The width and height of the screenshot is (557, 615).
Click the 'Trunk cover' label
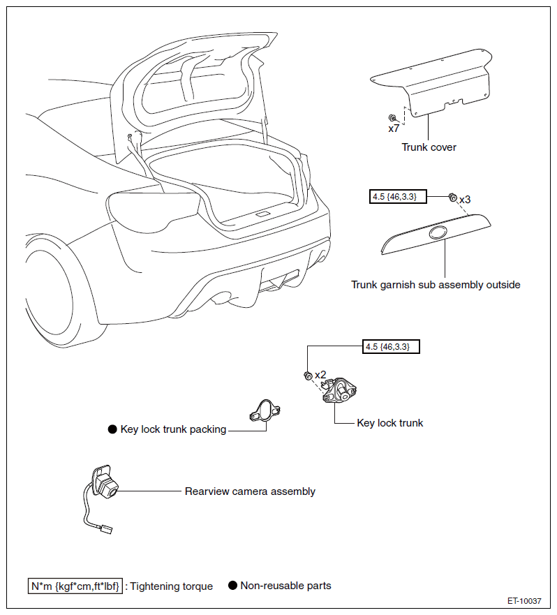coord(429,147)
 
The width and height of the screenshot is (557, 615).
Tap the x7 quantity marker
coord(394,128)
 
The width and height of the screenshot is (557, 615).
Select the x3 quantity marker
coord(465,200)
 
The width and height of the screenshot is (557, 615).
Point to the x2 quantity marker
coord(320,375)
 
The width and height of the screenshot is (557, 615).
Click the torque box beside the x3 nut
coord(398,196)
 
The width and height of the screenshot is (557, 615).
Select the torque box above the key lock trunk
coord(391,347)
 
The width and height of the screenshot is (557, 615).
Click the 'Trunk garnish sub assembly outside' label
coord(436,285)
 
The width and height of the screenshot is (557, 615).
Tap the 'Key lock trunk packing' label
coord(173,429)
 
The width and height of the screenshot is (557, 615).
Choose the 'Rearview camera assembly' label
coord(250,491)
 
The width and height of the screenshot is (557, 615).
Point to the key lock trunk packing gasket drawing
coord(265,410)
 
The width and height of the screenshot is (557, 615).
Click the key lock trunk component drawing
coord(339,390)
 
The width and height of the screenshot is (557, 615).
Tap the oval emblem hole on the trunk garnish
coord(438,233)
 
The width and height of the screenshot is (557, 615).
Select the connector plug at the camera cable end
coord(106,529)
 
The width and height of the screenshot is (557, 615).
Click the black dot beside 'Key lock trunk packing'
coord(112,429)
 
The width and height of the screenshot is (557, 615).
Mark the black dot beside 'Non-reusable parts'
coord(232,586)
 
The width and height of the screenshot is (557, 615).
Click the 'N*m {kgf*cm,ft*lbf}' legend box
coord(75,586)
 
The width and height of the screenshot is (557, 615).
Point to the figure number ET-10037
coord(524,601)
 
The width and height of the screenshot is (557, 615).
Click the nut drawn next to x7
coord(392,117)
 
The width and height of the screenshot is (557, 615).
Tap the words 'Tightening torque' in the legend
coord(172,586)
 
